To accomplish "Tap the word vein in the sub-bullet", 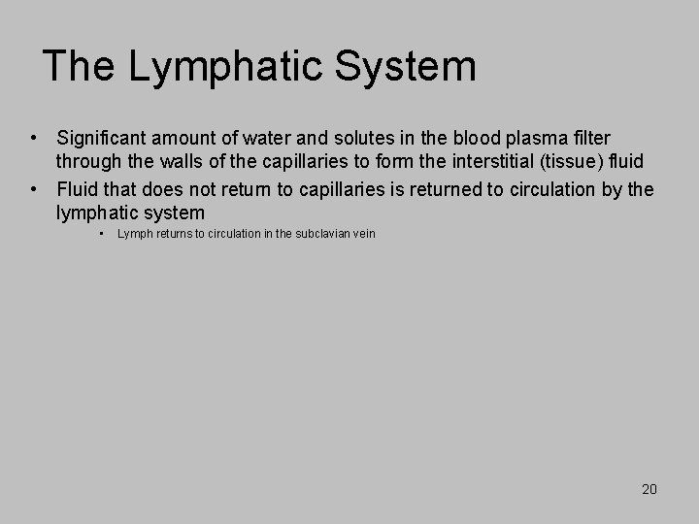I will coord(362,234).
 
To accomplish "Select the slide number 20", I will coord(649,489).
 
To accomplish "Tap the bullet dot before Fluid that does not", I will coord(33,188).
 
